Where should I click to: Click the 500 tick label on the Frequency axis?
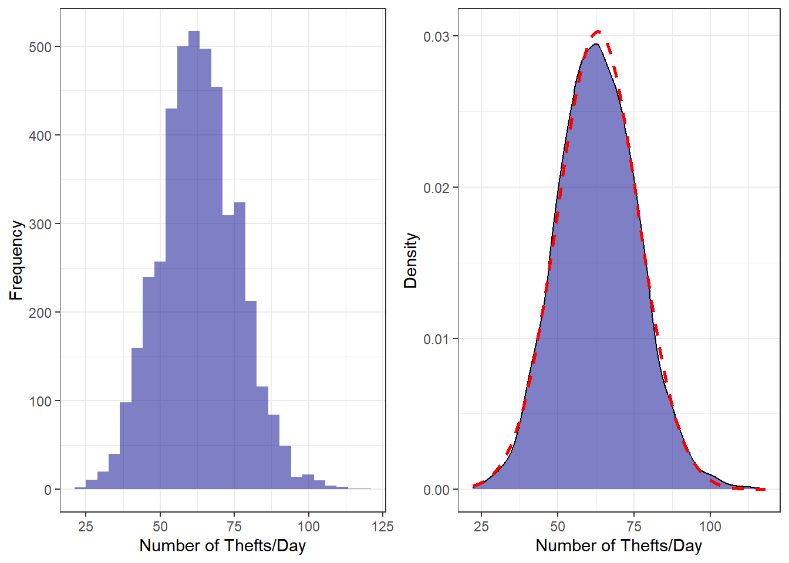pyautogui.click(x=41, y=47)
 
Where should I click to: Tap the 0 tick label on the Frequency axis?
pyautogui.click(x=48, y=490)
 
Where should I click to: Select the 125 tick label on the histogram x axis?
pyautogui.click(x=383, y=526)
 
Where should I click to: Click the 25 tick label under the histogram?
pyautogui.click(x=86, y=526)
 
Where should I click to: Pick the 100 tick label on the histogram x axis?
pyautogui.click(x=309, y=526)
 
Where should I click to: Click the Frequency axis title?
pyautogui.click(x=16, y=260)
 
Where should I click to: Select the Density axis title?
pyautogui.click(x=410, y=260)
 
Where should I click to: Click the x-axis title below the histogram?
pyautogui.click(x=222, y=546)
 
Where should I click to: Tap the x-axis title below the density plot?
pyautogui.click(x=619, y=546)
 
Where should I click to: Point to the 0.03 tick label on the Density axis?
pyautogui.click(x=436, y=36)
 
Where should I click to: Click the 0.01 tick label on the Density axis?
pyautogui.click(x=436, y=339)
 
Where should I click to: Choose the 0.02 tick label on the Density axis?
pyautogui.click(x=436, y=188)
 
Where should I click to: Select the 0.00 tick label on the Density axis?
pyautogui.click(x=436, y=490)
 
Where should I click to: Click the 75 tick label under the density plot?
pyautogui.click(x=634, y=526)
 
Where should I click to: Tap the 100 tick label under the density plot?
pyautogui.click(x=710, y=526)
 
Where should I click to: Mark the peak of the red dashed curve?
pyautogui.click(x=598, y=31)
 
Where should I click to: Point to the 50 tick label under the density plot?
pyautogui.click(x=558, y=526)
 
